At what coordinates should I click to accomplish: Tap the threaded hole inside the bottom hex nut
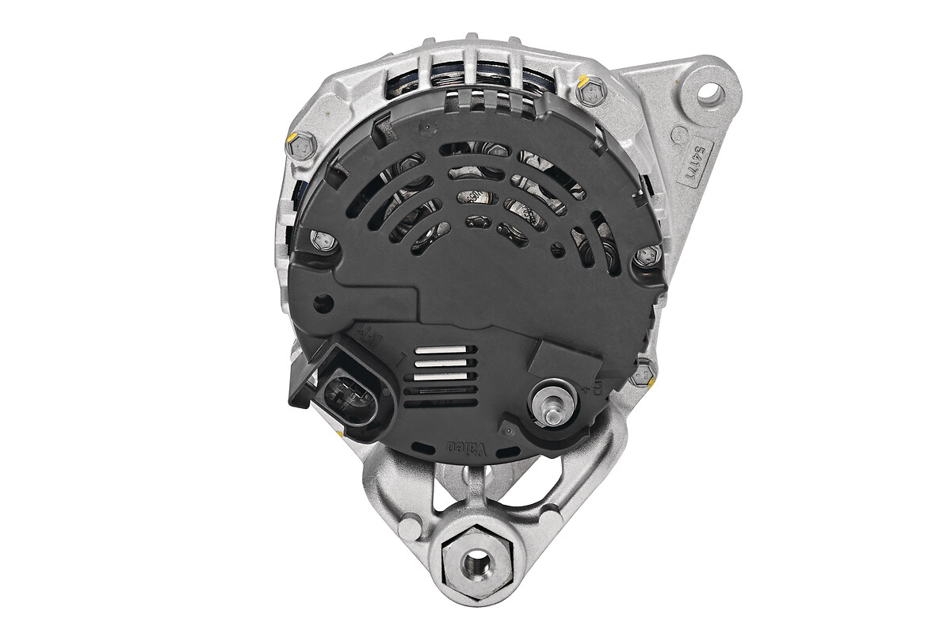476,563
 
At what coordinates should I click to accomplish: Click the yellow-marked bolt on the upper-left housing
302,144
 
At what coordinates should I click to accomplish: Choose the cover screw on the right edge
647,255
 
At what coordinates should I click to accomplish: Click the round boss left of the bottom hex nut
410,529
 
